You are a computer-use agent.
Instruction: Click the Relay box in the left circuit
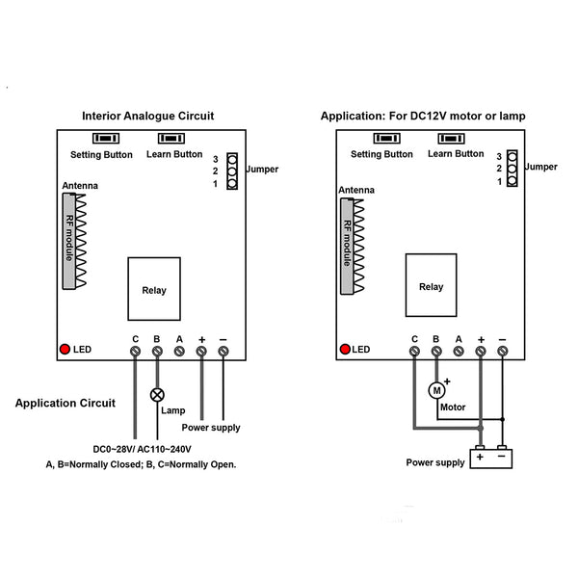click(x=154, y=289)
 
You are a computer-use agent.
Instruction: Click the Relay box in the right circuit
click(x=431, y=285)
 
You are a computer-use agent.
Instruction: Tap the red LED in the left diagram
click(x=65, y=349)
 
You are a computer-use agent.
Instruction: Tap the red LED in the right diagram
click(x=343, y=349)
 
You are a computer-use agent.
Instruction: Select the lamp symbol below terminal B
click(x=157, y=395)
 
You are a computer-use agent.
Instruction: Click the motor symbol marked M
click(x=436, y=390)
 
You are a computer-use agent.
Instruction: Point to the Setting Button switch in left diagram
click(x=101, y=140)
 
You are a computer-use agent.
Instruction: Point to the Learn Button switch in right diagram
click(x=455, y=139)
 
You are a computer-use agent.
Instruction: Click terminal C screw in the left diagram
click(x=136, y=353)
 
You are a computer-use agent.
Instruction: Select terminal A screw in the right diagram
click(x=459, y=353)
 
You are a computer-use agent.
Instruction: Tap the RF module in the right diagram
click(x=347, y=245)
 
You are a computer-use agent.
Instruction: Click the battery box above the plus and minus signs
click(x=490, y=459)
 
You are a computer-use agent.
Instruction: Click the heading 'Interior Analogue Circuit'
click(x=147, y=116)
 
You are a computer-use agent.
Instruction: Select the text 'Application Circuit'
click(x=66, y=403)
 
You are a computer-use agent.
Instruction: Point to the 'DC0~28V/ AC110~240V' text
click(x=142, y=449)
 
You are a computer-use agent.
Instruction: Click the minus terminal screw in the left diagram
click(x=223, y=353)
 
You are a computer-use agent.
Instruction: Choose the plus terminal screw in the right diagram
click(x=481, y=353)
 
